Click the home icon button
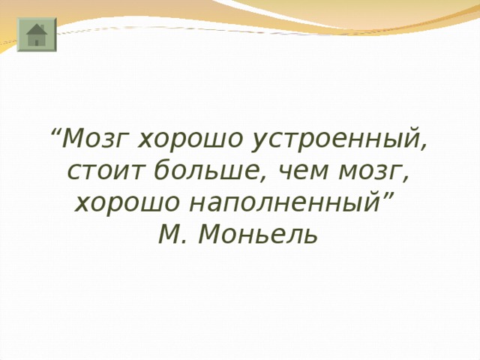(x=36, y=36)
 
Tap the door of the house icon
(x=37, y=42)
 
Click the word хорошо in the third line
(x=124, y=203)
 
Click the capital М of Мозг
(x=73, y=139)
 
